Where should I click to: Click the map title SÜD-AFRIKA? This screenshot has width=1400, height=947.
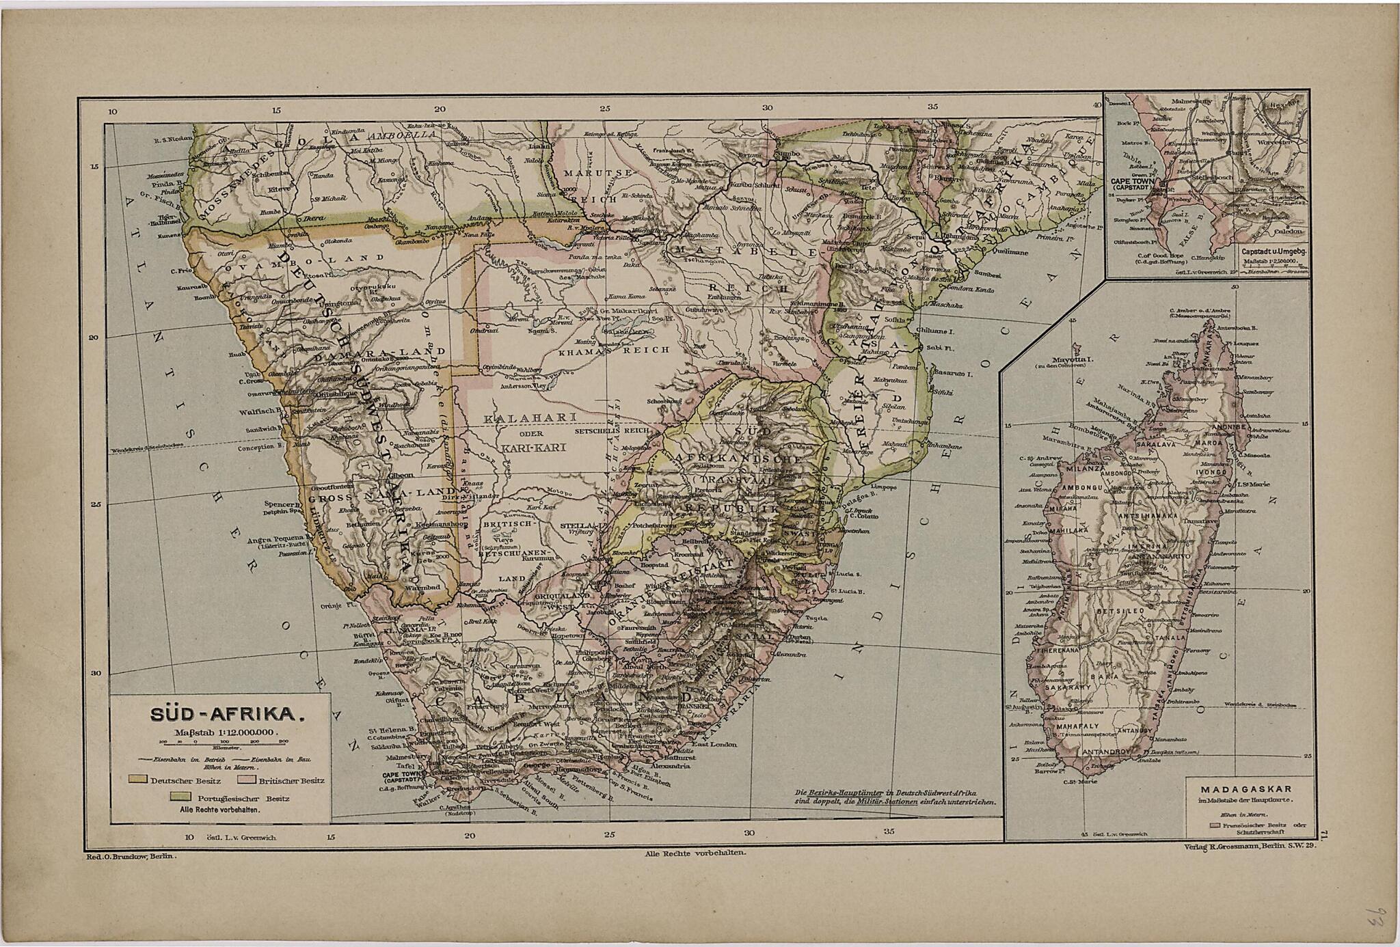(x=226, y=715)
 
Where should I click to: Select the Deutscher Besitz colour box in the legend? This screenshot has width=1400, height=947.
(x=139, y=779)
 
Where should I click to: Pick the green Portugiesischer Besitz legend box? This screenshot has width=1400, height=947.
(x=180, y=797)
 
